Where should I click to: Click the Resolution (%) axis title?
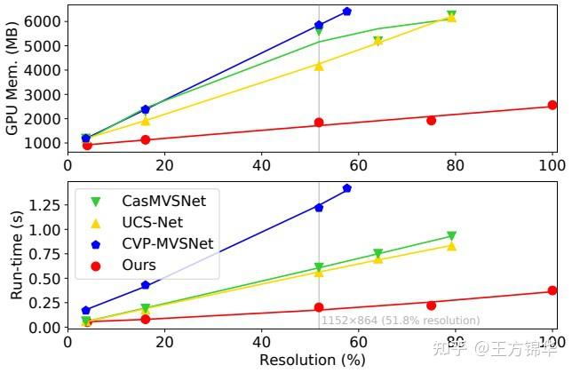click(310, 361)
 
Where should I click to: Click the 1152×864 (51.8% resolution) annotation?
click(400, 321)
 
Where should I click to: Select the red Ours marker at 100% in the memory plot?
click(552, 105)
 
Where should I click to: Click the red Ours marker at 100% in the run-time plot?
click(552, 290)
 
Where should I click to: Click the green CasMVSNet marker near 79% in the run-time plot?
click(451, 236)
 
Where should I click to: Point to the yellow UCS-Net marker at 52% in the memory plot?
click(319, 66)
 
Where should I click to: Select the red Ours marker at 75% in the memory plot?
click(432, 120)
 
